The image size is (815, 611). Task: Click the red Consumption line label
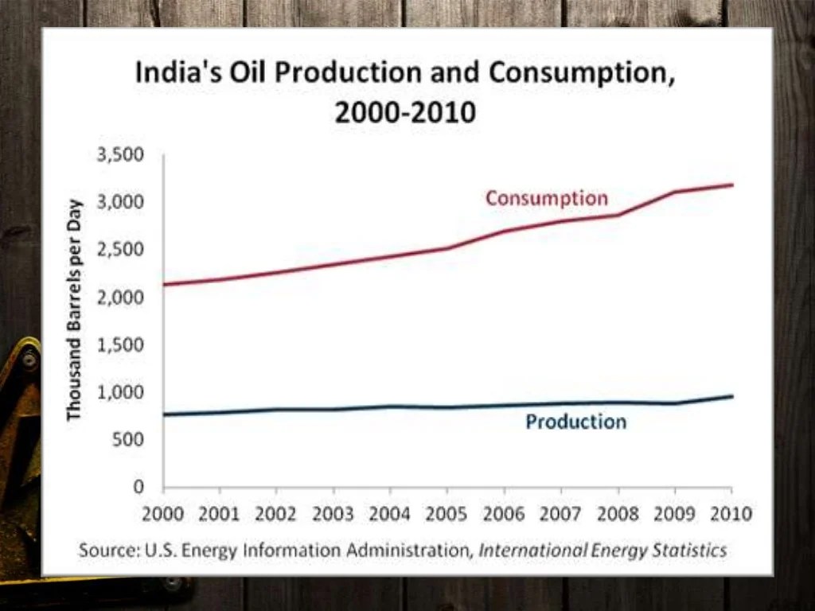(x=547, y=198)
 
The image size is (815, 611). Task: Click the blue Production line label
(x=575, y=422)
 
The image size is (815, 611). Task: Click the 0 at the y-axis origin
(x=138, y=486)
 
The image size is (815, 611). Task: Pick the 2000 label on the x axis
(x=163, y=513)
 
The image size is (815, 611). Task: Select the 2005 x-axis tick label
(x=447, y=513)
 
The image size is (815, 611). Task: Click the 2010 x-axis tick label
(x=731, y=513)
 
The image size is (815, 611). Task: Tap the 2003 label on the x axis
(x=333, y=513)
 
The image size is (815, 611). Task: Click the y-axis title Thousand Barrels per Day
(x=75, y=309)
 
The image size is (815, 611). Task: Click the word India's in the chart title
(x=179, y=73)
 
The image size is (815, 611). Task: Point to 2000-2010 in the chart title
(x=405, y=112)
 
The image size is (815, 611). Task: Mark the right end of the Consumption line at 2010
(x=732, y=185)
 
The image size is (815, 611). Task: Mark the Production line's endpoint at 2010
(x=732, y=396)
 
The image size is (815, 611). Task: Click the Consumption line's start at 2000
(x=164, y=284)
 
